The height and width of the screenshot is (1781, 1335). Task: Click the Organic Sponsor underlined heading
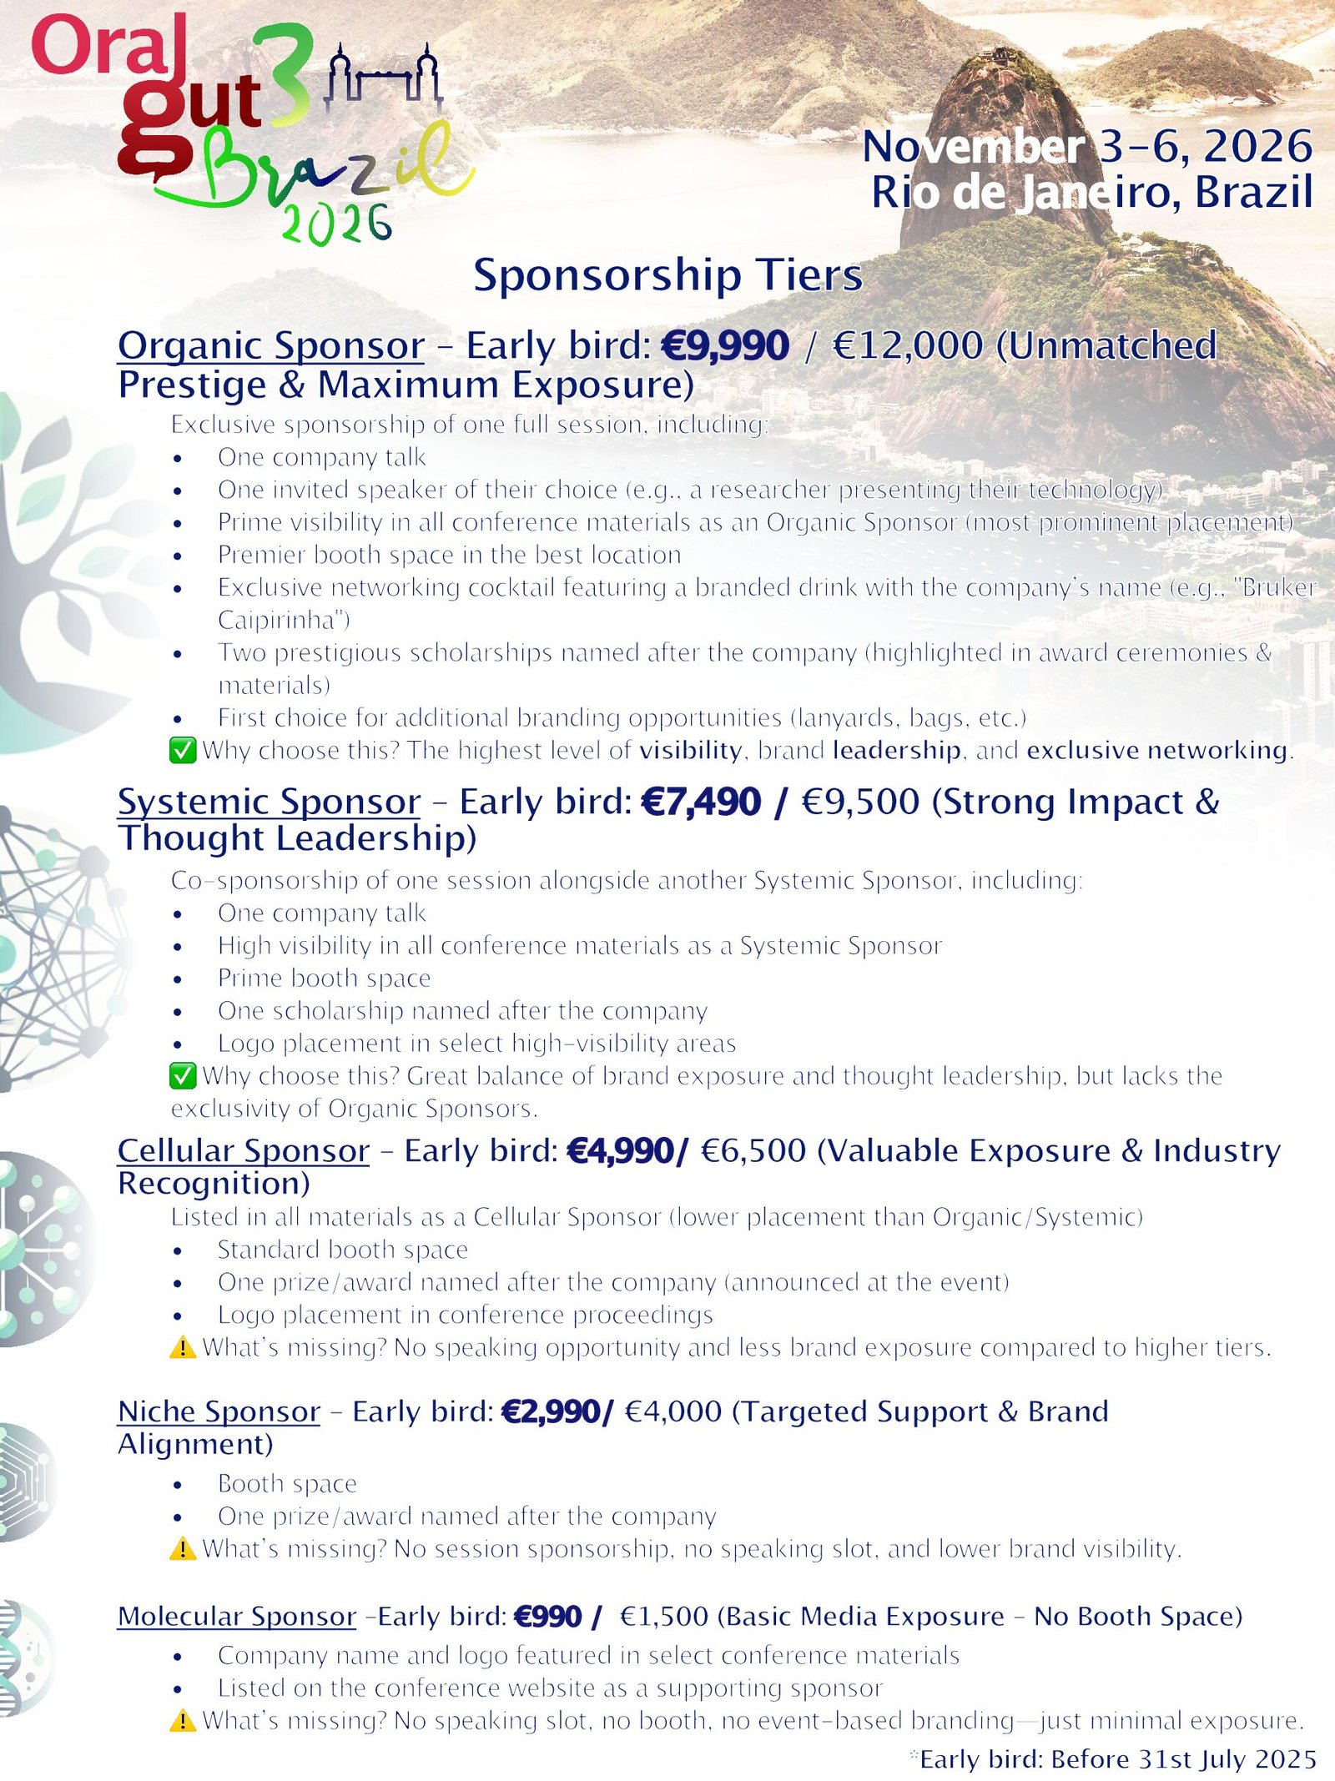(x=270, y=346)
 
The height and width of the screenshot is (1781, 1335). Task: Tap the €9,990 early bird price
(x=724, y=346)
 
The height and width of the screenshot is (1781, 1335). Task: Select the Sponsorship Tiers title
(x=667, y=274)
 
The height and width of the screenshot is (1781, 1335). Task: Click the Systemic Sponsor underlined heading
(x=269, y=802)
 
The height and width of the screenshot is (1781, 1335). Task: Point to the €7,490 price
(x=701, y=802)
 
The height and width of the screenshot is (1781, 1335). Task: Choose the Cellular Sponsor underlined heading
(x=243, y=1150)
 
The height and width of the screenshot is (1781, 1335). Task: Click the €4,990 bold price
(x=622, y=1151)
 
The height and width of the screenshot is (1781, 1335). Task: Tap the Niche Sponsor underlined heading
(x=219, y=1411)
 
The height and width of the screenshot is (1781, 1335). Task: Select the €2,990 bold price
(x=552, y=1411)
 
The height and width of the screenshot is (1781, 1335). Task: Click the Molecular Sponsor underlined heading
(x=237, y=1616)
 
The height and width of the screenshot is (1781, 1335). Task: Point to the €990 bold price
(x=548, y=1617)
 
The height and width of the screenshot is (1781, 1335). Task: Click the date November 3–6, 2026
(x=1087, y=147)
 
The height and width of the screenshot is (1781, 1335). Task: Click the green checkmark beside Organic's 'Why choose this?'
(x=183, y=751)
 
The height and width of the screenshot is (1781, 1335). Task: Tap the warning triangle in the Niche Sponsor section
(x=183, y=1549)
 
